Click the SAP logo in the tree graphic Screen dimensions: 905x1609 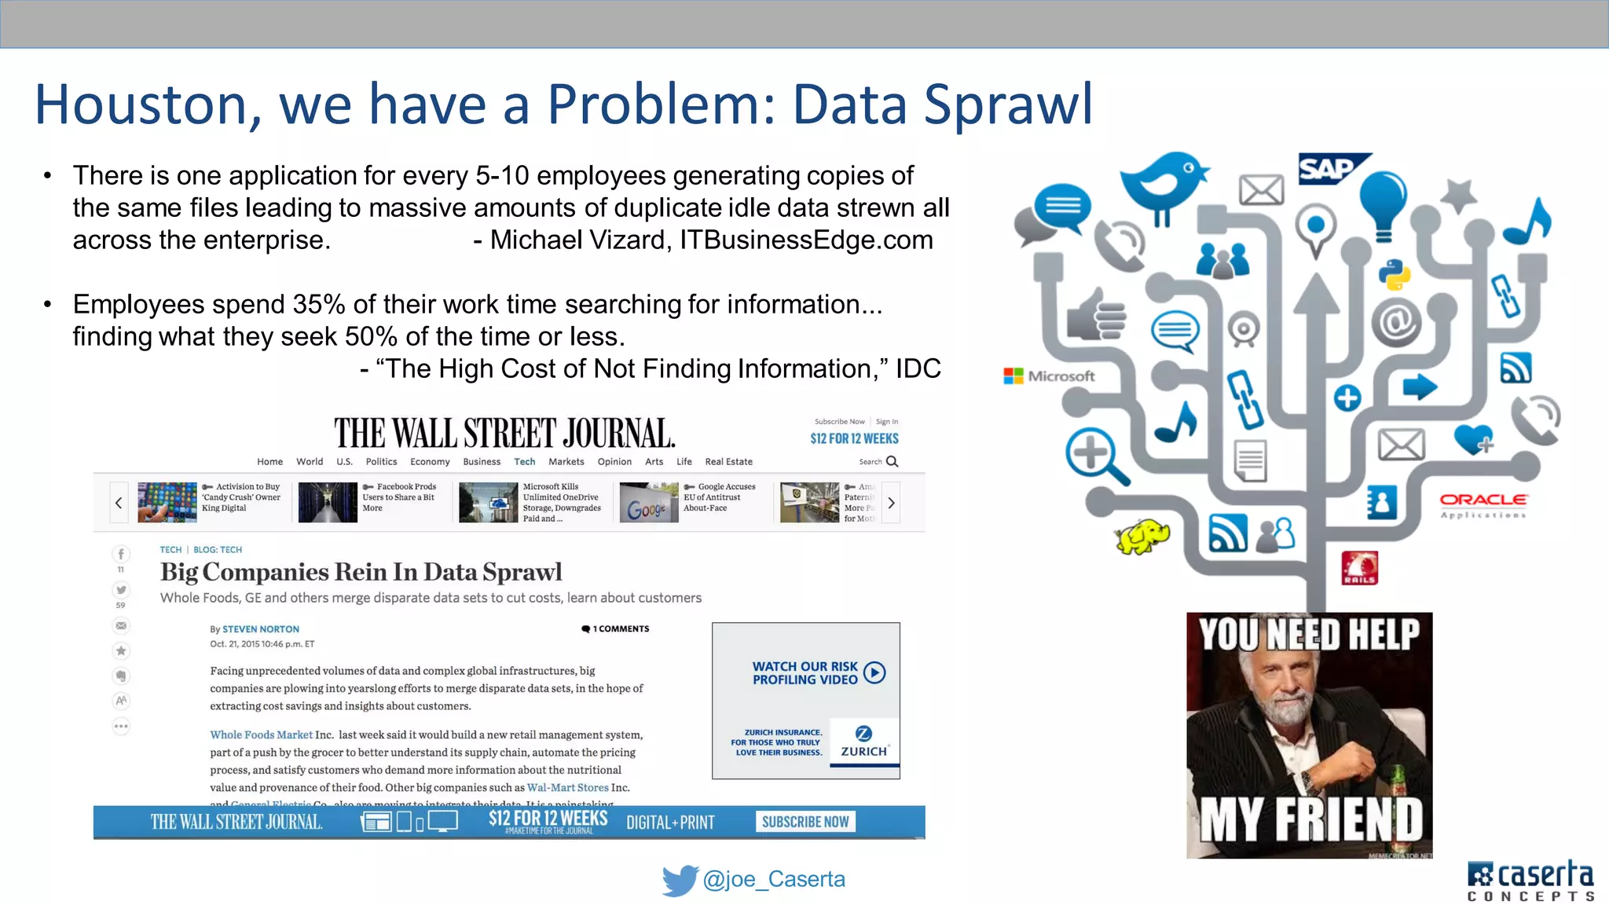point(1329,168)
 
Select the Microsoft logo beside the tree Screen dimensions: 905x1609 point(1049,376)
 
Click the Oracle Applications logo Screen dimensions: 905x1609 point(1483,504)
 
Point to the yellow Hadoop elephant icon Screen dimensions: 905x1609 point(1142,537)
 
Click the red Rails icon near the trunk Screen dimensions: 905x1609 point(1359,568)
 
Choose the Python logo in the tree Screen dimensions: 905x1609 point(1395,274)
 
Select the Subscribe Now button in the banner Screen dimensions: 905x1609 point(805,822)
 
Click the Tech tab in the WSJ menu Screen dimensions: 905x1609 point(524,462)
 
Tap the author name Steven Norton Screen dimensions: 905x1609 point(260,629)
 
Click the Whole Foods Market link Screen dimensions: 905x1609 point(261,735)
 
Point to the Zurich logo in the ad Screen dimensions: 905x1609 point(863,741)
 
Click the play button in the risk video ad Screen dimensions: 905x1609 point(874,672)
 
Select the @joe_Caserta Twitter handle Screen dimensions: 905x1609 point(774,879)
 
